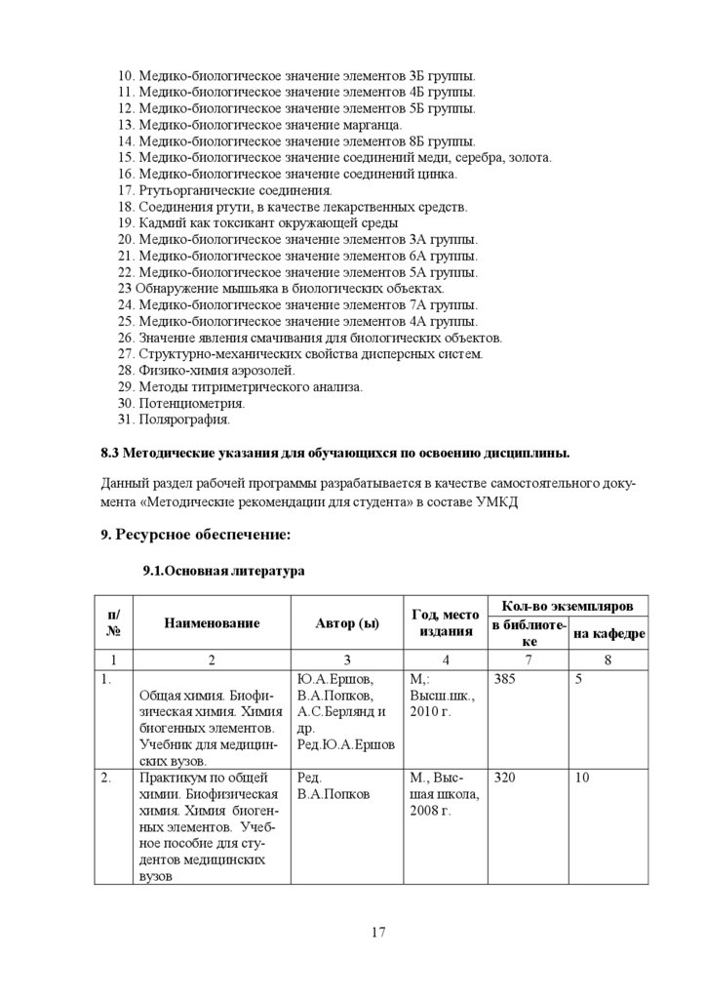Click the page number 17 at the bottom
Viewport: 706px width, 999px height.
point(378,933)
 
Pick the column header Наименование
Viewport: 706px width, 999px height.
point(212,622)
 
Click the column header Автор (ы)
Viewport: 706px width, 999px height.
point(347,622)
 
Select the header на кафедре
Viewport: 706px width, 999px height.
point(608,634)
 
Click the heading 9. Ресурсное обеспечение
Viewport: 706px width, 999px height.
point(196,535)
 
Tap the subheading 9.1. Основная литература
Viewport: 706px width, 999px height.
point(223,571)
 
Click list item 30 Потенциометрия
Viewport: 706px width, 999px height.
point(180,403)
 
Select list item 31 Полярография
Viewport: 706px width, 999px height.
point(174,420)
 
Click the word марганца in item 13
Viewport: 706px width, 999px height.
point(371,125)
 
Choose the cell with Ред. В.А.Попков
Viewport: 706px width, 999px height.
point(333,786)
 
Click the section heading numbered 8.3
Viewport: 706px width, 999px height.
point(336,455)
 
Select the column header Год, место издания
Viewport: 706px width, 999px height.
point(446,622)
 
